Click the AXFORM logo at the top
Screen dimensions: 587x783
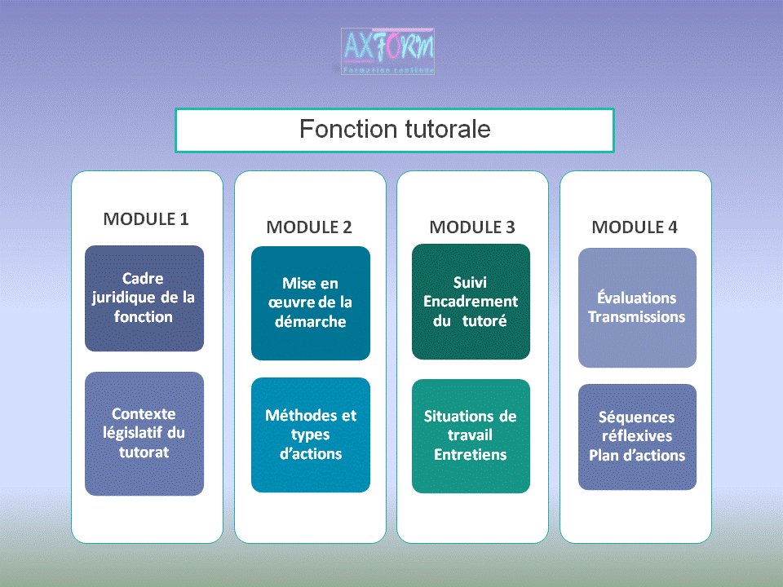[387, 51]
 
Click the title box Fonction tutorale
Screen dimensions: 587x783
[394, 130]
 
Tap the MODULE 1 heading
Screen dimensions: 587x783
[146, 219]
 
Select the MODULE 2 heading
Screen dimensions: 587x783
[309, 227]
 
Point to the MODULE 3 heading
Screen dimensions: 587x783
[472, 227]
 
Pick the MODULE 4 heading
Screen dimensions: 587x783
[635, 227]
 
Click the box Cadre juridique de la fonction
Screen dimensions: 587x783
[144, 298]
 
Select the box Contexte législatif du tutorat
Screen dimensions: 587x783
[144, 433]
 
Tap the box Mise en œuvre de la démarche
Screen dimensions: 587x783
[310, 302]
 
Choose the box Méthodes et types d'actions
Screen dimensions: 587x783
[310, 435]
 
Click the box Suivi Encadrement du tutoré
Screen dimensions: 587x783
[471, 302]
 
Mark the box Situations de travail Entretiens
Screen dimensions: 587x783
[471, 435]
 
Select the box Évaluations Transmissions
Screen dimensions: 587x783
[637, 307]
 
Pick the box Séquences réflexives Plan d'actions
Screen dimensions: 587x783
[637, 436]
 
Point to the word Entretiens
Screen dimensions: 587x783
[471, 455]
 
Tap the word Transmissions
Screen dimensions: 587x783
[637, 317]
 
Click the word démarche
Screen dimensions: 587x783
[310, 322]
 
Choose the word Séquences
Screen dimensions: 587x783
[637, 417]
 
